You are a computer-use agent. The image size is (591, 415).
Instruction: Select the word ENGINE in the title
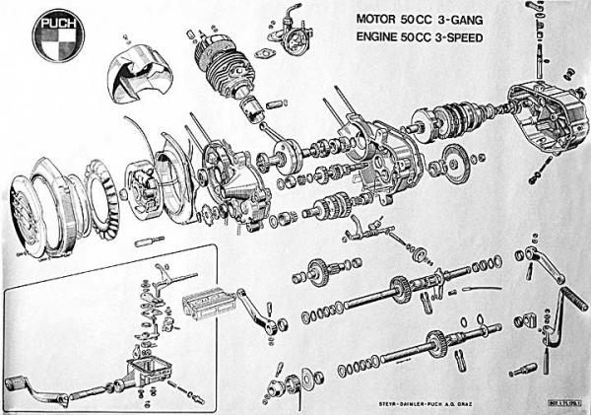(384, 39)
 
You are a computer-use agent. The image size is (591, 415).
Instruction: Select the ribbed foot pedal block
(210, 297)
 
